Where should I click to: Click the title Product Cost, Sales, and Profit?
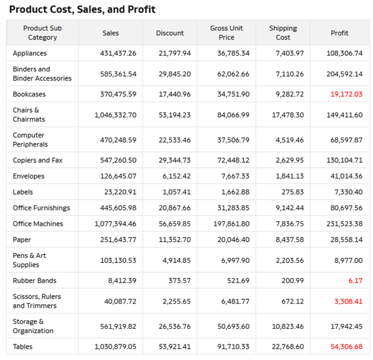82,9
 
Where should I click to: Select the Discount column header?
170,33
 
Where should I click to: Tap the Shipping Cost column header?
283,33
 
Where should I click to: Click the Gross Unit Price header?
226,33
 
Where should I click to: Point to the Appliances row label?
29,53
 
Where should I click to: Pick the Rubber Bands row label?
34,280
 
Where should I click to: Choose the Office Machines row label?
38,223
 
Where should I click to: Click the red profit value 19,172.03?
346,95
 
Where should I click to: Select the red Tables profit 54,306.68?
346,346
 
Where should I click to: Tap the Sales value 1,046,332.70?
116,115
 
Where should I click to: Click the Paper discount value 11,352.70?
175,239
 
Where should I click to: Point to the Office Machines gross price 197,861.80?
230,223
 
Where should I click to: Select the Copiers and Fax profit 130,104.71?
344,160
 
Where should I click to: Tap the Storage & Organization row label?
33,326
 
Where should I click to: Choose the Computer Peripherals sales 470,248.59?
118,140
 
